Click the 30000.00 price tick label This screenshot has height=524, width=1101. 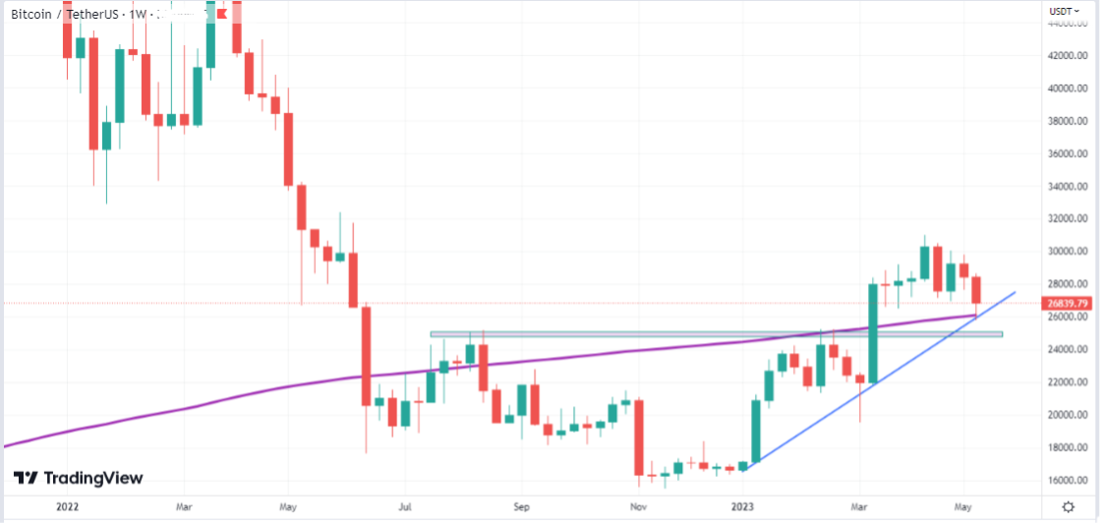click(x=1067, y=252)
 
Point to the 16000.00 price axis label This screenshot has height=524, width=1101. click(x=1067, y=481)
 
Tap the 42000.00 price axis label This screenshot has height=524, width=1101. click(x=1067, y=56)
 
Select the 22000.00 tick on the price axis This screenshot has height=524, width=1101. click(x=1067, y=382)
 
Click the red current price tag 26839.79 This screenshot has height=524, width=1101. click(x=1067, y=304)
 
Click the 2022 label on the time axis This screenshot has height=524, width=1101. click(x=68, y=507)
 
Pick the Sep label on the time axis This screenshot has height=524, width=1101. click(x=521, y=507)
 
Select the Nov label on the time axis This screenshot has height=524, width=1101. click(x=638, y=507)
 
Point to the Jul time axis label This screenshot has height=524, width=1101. click(x=404, y=507)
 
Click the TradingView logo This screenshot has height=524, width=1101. click(x=79, y=478)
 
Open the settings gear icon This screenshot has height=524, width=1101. click(x=1069, y=506)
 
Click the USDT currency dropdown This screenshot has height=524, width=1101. click(x=1064, y=11)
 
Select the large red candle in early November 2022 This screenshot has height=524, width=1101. click(x=639, y=437)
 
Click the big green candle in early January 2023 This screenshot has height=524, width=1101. click(x=755, y=431)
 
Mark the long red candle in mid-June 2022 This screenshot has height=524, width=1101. click(x=366, y=355)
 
